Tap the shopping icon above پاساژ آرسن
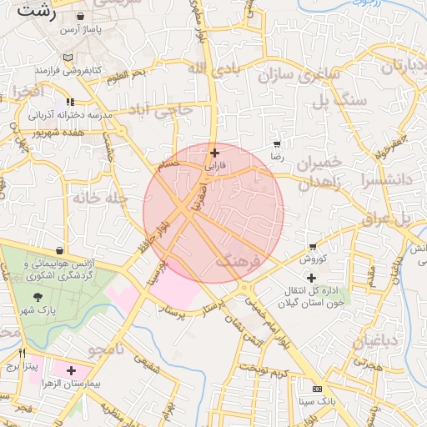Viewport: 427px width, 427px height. tap(79, 16)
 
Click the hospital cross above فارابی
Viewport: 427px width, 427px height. tap(216, 153)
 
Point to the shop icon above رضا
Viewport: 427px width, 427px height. tap(277, 144)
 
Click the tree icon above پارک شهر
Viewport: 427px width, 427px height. tap(38, 297)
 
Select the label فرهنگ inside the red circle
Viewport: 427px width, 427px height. tap(239, 262)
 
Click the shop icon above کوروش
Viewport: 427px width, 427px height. tap(313, 247)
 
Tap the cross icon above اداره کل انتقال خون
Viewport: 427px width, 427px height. tap(312, 277)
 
